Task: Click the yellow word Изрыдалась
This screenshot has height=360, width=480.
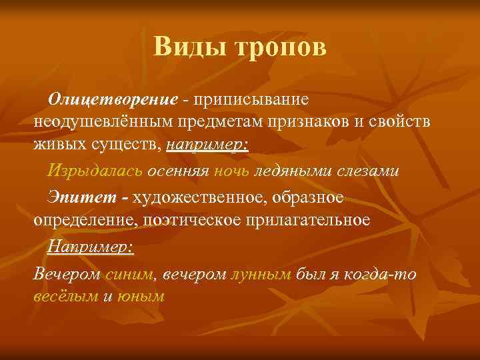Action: (95, 170)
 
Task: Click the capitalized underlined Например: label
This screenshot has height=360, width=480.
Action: (91, 247)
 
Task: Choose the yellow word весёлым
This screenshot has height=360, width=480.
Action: (65, 295)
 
